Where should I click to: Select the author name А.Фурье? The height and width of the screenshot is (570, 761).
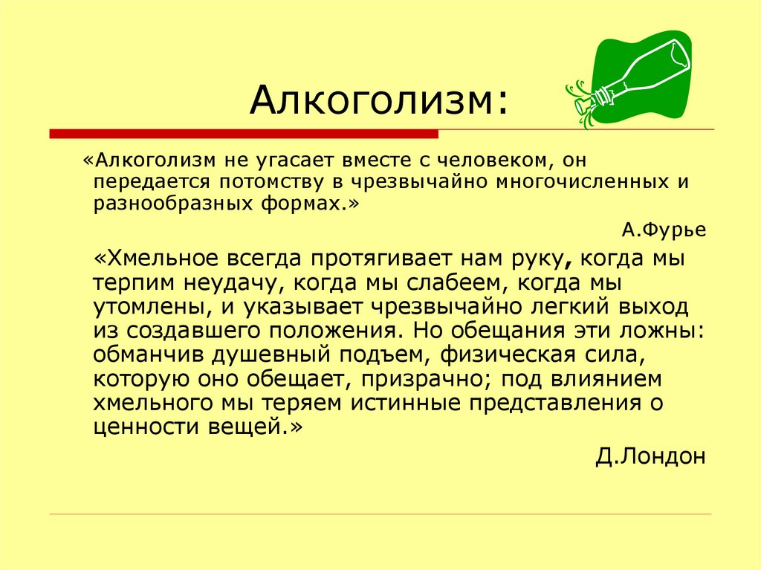click(x=664, y=230)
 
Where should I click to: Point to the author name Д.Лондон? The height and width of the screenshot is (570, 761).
click(x=650, y=456)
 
